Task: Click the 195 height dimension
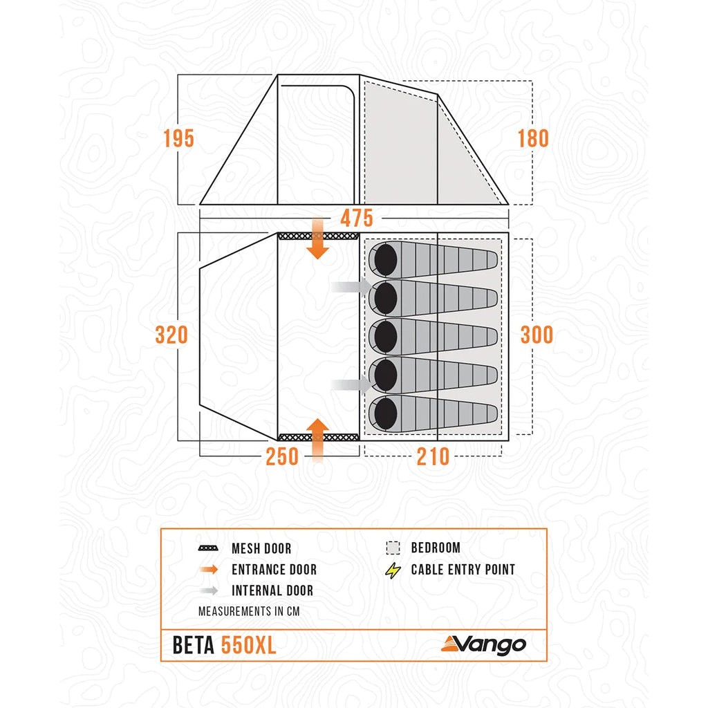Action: [x=178, y=138]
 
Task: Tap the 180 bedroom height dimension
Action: [x=533, y=138]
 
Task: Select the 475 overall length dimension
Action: [x=357, y=218]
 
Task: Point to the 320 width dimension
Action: [x=171, y=335]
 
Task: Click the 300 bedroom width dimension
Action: [x=537, y=335]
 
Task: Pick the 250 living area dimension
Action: [x=282, y=456]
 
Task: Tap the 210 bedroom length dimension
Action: [x=434, y=456]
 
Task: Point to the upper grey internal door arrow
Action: [x=352, y=286]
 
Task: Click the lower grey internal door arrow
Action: [x=352, y=384]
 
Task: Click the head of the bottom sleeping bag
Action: [x=384, y=413]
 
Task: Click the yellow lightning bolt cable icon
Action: [x=393, y=570]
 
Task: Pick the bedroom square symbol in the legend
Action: [x=393, y=548]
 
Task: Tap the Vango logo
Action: [x=484, y=644]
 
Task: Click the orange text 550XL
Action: [x=249, y=645]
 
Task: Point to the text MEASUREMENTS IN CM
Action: [x=248, y=612]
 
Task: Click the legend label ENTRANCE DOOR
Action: [x=274, y=570]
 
